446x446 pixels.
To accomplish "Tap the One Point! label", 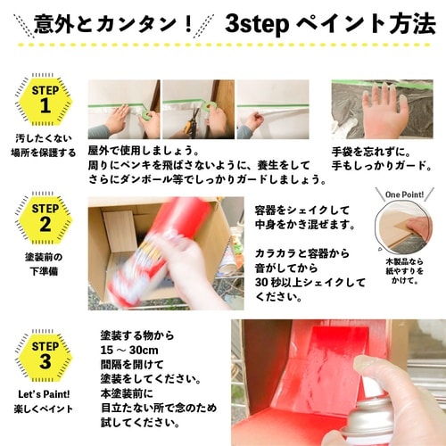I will coord(399,194).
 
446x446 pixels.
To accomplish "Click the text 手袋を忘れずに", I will coord(369,151).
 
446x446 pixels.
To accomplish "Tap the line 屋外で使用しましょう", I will coord(144,151).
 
